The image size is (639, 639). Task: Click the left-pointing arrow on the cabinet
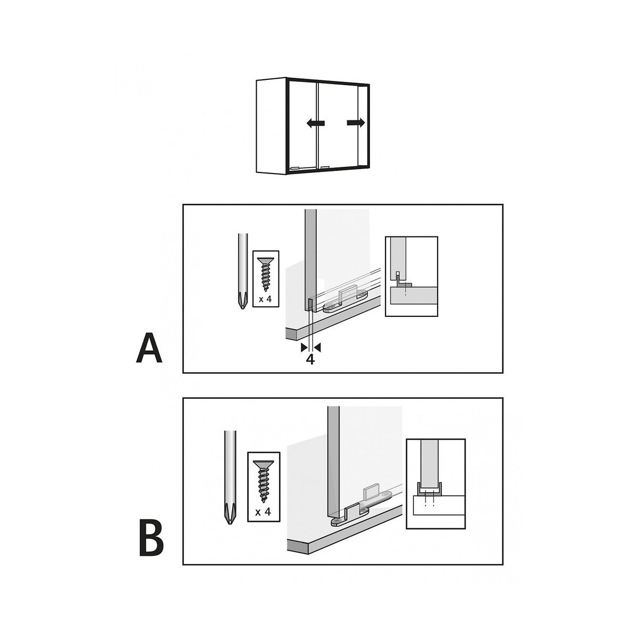click(315, 124)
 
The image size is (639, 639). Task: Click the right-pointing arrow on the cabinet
click(356, 123)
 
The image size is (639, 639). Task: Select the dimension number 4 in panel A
click(310, 359)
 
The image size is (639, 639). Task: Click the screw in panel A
click(266, 274)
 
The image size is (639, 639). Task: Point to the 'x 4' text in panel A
click(265, 299)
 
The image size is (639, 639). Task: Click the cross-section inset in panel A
click(411, 276)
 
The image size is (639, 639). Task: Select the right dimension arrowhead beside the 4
click(317, 348)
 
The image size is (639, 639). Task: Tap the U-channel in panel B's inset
click(425, 494)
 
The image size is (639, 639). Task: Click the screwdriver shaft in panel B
click(230, 468)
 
